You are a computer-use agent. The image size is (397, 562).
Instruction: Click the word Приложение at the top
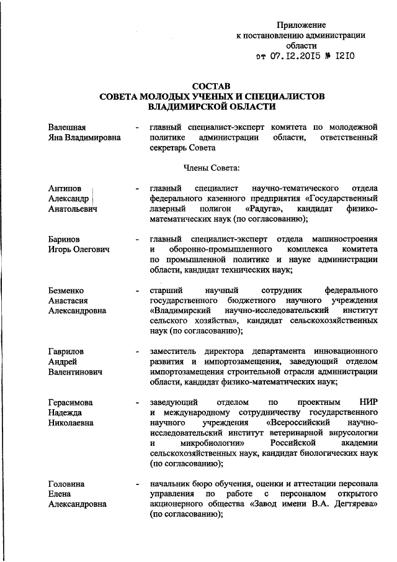[x=301, y=25]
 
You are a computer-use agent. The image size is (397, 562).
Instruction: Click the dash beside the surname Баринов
[x=136, y=238]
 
